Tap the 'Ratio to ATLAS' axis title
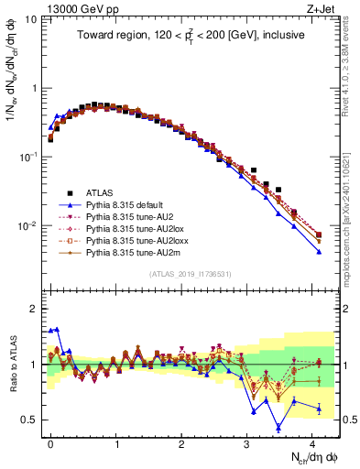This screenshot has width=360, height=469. coord(12,366)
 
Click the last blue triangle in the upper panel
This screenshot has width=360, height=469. coord(319,252)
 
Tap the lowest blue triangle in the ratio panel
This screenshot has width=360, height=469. coord(278,426)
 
